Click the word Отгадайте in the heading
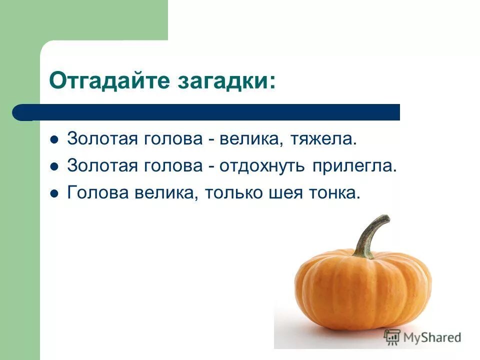point(100,80)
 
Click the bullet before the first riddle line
point(54,139)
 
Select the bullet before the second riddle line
point(54,166)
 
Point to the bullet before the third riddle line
point(54,193)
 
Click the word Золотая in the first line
point(102,139)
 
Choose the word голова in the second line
point(172,166)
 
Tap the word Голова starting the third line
point(94,193)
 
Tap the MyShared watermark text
point(432,337)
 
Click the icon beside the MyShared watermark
point(392,337)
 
